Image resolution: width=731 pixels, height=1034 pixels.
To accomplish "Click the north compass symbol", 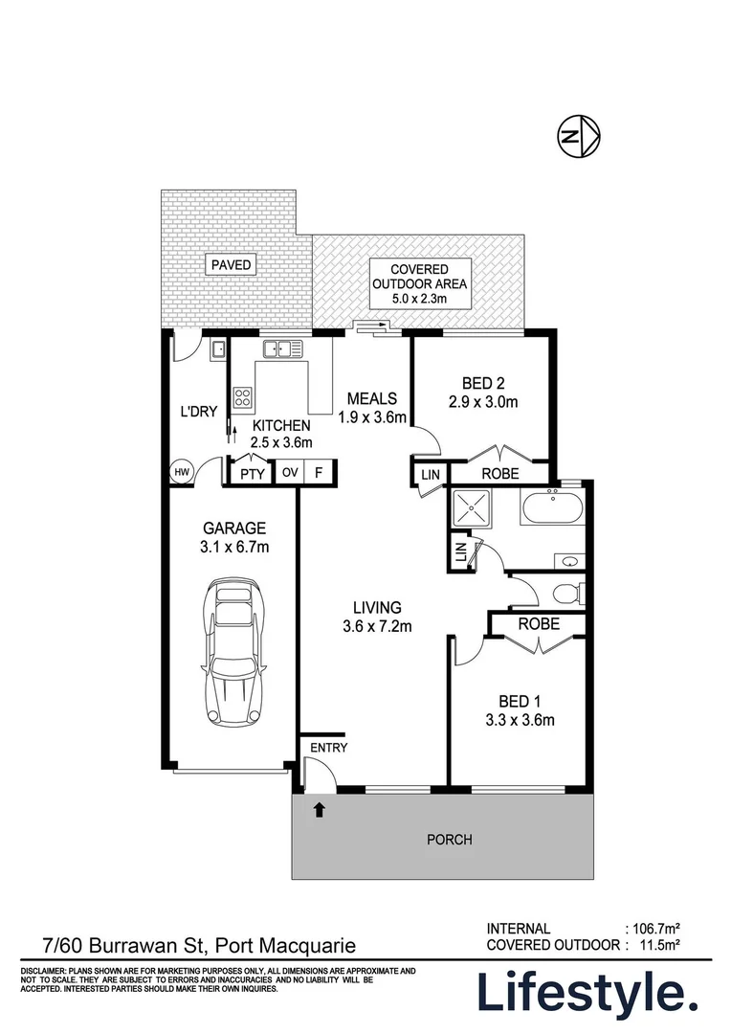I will pyautogui.click(x=579, y=138).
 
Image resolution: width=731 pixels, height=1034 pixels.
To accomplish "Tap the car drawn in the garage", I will pyautogui.click(x=233, y=652).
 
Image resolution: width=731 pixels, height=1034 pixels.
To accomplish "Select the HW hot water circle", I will pyautogui.click(x=182, y=471).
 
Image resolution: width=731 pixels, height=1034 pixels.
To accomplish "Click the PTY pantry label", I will pyautogui.click(x=252, y=472).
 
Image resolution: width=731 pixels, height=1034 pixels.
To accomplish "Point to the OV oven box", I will pyautogui.click(x=289, y=472).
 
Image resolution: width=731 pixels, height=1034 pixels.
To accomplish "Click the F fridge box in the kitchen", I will pyautogui.click(x=320, y=472).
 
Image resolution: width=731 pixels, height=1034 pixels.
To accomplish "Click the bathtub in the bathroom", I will pyautogui.click(x=551, y=508).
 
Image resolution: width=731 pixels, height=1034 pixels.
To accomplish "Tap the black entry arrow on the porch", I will pyautogui.click(x=320, y=810).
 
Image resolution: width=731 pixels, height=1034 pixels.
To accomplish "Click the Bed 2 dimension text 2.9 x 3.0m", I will pyautogui.click(x=482, y=402).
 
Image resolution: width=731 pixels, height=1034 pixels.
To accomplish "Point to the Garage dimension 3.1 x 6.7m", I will pyautogui.click(x=233, y=548).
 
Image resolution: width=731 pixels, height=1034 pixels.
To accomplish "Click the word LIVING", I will pyautogui.click(x=376, y=607).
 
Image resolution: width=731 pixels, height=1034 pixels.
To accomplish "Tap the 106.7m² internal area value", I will pyautogui.click(x=657, y=928).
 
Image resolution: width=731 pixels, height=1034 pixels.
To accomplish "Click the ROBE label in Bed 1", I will pyautogui.click(x=539, y=624).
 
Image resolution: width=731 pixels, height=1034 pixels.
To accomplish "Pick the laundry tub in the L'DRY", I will pyautogui.click(x=218, y=349).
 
